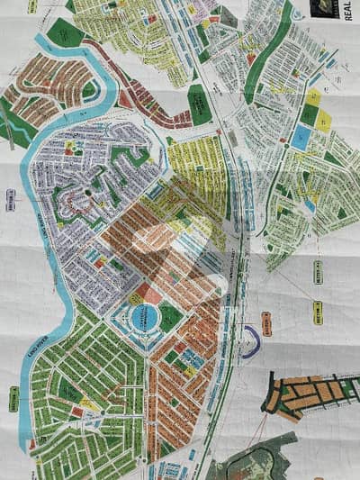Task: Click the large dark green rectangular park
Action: coord(199,104)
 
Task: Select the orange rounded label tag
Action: coord(266,321)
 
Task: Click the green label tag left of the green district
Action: coord(14,397)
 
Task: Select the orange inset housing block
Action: coord(307,394)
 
